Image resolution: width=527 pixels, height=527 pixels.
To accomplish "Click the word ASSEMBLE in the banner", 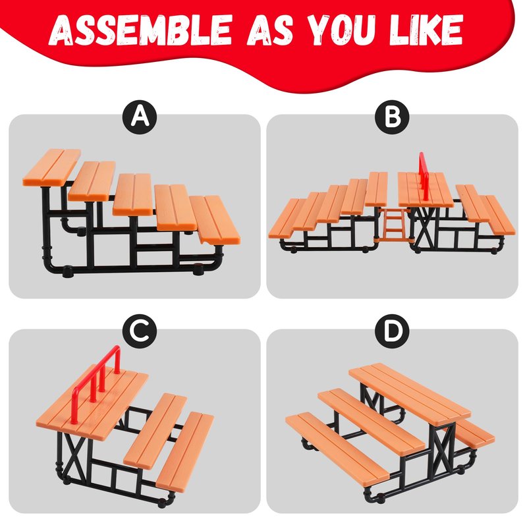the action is click(x=141, y=30).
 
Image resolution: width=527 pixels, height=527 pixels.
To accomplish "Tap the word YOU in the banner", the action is click(x=341, y=30).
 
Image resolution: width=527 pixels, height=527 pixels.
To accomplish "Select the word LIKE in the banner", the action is click(x=426, y=30).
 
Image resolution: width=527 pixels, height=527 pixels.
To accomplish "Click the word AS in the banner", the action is click(x=270, y=30).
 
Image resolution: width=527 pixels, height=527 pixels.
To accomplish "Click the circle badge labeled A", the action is click(x=140, y=117).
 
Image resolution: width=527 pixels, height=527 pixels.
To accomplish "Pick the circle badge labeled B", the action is click(x=392, y=117).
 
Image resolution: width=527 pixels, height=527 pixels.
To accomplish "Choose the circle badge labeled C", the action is click(x=140, y=331).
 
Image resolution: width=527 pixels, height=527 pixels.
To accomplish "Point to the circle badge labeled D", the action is click(x=392, y=331).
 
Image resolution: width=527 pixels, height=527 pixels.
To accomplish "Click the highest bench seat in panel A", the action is click(x=52, y=168).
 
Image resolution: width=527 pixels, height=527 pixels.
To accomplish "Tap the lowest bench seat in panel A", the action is click(x=215, y=220).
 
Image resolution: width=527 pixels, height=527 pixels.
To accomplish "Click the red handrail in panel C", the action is click(x=96, y=383).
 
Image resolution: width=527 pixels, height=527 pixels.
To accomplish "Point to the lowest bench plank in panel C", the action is click(x=185, y=452).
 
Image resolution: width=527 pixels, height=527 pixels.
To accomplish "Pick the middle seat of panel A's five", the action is click(x=133, y=194).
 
